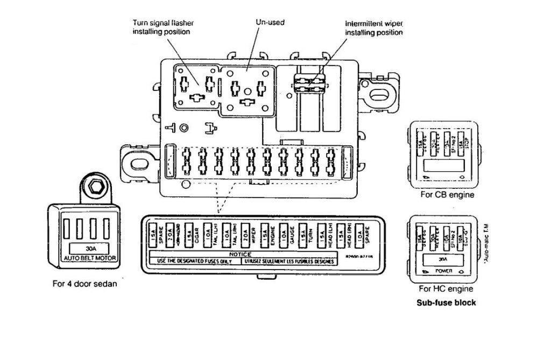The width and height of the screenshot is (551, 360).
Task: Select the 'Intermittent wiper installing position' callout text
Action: click(374, 28)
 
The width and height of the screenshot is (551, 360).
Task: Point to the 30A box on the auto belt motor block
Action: click(90, 249)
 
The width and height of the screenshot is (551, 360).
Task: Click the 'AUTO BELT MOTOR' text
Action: click(90, 258)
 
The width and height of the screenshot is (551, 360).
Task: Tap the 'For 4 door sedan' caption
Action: click(84, 284)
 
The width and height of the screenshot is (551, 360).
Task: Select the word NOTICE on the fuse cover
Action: click(241, 254)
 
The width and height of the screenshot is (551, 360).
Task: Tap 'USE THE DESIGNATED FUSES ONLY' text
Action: click(194, 261)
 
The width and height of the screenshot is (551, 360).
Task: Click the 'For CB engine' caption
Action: click(447, 195)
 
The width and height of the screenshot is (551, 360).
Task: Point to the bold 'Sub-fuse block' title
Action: click(447, 302)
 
